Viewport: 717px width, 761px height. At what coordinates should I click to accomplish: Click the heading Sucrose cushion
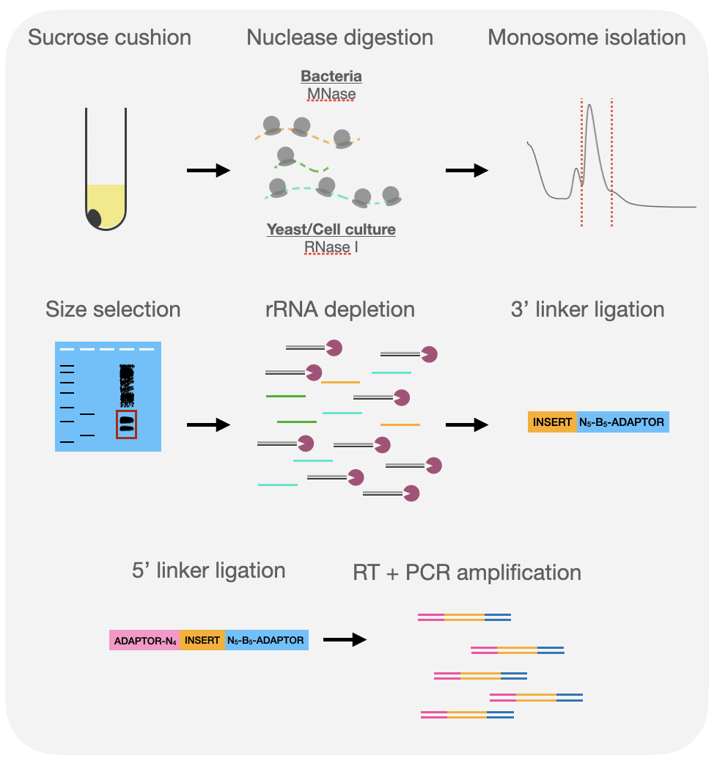(109, 37)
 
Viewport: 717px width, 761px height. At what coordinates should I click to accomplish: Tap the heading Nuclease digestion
(340, 37)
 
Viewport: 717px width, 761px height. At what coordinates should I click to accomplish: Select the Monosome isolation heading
(587, 37)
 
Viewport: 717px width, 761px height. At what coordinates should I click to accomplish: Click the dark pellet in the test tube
(94, 218)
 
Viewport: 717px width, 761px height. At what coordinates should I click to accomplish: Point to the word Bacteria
(331, 76)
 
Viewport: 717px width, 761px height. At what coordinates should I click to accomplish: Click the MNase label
(331, 94)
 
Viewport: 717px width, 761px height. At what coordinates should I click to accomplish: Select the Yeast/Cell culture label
(331, 229)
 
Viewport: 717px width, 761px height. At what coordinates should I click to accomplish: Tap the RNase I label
(331, 247)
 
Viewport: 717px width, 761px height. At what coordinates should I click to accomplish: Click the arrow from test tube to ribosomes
(208, 170)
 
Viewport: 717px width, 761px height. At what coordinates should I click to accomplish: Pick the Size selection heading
(113, 309)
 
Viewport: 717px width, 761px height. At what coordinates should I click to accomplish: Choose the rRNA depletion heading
(340, 309)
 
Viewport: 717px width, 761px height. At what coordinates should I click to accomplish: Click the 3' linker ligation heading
(587, 309)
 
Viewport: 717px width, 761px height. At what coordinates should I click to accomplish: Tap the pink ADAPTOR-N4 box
(144, 640)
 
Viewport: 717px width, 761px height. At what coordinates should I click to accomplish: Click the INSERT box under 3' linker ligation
(552, 422)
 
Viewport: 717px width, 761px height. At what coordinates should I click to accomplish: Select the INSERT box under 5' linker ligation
(202, 640)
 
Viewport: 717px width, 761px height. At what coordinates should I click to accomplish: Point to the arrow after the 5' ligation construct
(345, 640)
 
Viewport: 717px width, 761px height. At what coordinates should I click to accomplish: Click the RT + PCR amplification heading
(467, 573)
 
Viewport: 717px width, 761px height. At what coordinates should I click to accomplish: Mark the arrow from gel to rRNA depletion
(208, 425)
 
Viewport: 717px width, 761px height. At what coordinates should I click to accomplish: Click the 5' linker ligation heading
(209, 570)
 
